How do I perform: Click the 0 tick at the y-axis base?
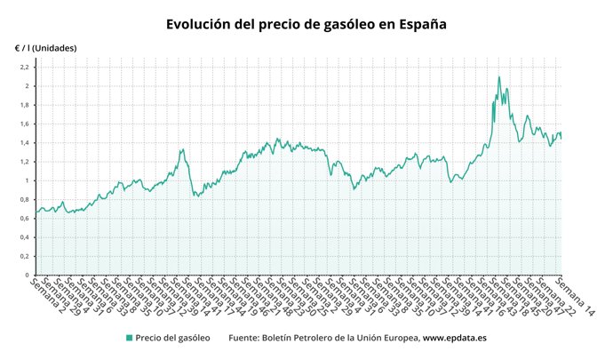28,276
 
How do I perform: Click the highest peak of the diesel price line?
498,77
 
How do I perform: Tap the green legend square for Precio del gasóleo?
129,338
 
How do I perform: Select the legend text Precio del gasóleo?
173,338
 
